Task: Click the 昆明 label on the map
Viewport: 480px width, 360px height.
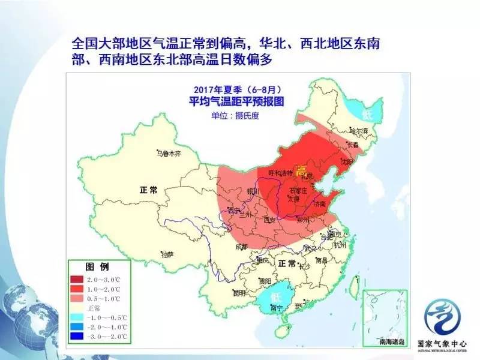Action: [x=239, y=293]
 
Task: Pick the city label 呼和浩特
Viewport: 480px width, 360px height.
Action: [x=280, y=173]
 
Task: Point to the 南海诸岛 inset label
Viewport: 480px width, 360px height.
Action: [x=383, y=341]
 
